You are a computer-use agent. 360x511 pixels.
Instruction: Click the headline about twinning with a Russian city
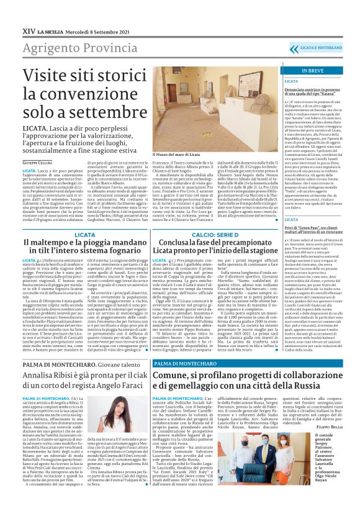245,381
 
